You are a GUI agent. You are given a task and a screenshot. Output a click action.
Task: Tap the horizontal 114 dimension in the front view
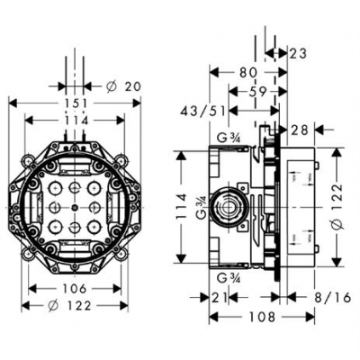pos(76,120)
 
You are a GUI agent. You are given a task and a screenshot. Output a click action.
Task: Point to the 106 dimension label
pos(76,289)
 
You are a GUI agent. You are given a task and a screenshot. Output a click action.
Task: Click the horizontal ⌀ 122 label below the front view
pos(76,306)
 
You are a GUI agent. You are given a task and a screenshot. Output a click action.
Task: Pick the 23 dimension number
pos(298,53)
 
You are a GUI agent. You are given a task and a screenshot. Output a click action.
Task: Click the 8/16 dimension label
pos(310,297)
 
